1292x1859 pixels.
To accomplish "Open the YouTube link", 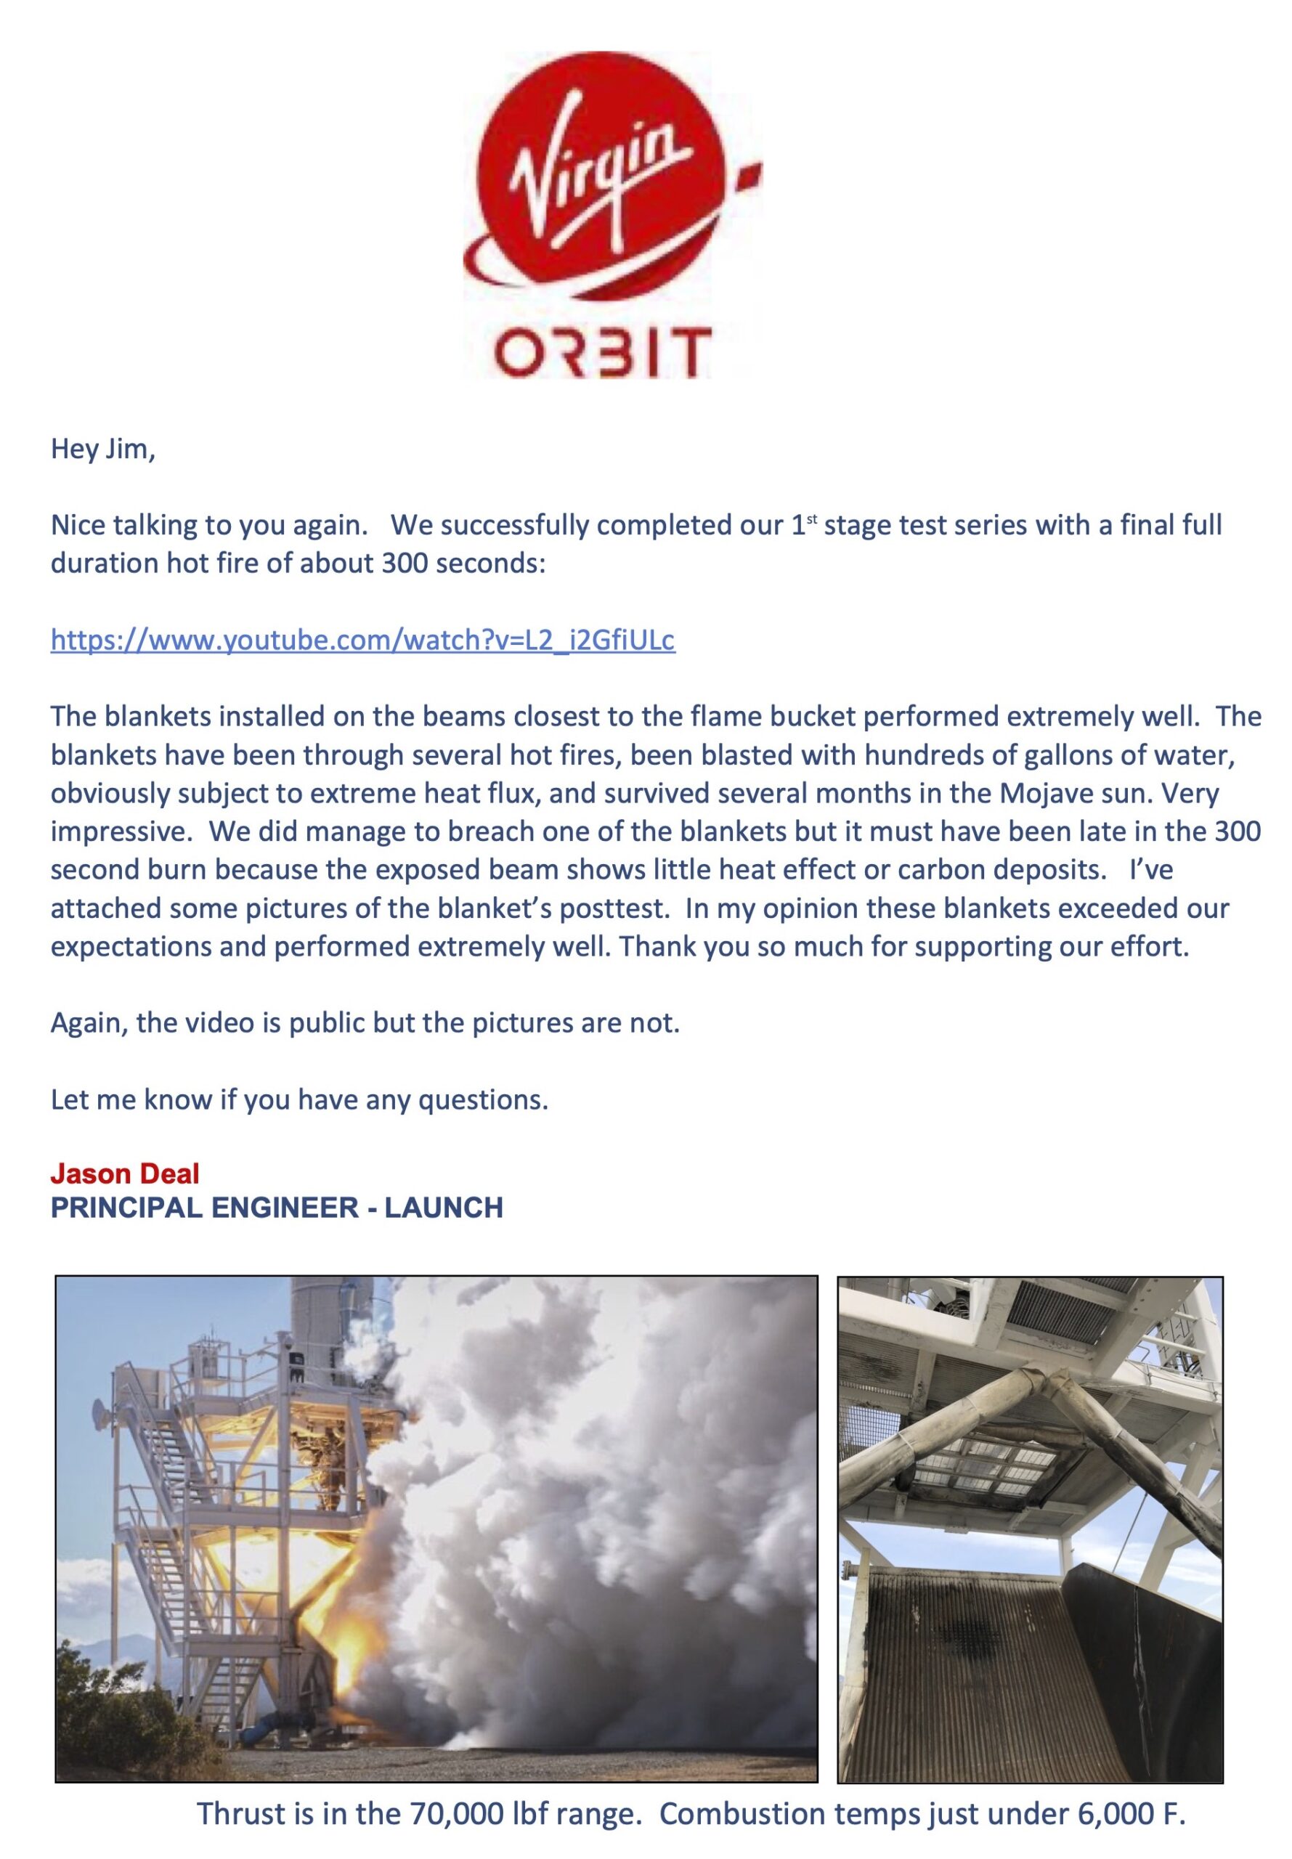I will point(362,640).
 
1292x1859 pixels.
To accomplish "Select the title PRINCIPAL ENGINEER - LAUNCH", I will point(277,1208).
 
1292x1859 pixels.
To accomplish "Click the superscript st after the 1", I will point(810,520).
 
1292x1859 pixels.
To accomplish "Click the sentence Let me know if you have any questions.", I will point(299,1100).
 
